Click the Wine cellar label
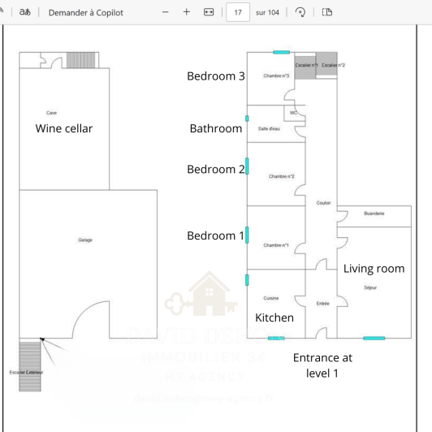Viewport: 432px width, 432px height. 64,128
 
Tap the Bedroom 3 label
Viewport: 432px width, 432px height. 215,76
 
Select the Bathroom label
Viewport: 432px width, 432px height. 215,128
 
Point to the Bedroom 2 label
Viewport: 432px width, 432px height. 215,169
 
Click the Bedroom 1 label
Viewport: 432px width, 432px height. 215,235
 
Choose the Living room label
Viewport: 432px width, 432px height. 374,269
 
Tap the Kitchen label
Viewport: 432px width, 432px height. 274,318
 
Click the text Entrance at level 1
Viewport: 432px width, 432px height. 322,365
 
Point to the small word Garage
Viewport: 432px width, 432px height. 85,240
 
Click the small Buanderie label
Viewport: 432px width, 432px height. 374,214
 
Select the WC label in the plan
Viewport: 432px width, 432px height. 293,113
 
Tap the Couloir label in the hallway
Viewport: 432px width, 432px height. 323,203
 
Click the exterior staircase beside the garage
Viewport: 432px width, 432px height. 29,365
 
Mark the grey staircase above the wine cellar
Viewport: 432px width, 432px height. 80,61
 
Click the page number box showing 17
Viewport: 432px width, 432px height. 237,12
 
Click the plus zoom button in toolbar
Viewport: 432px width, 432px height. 187,12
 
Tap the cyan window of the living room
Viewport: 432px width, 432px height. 374,338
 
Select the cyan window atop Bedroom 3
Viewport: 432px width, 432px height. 281,53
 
